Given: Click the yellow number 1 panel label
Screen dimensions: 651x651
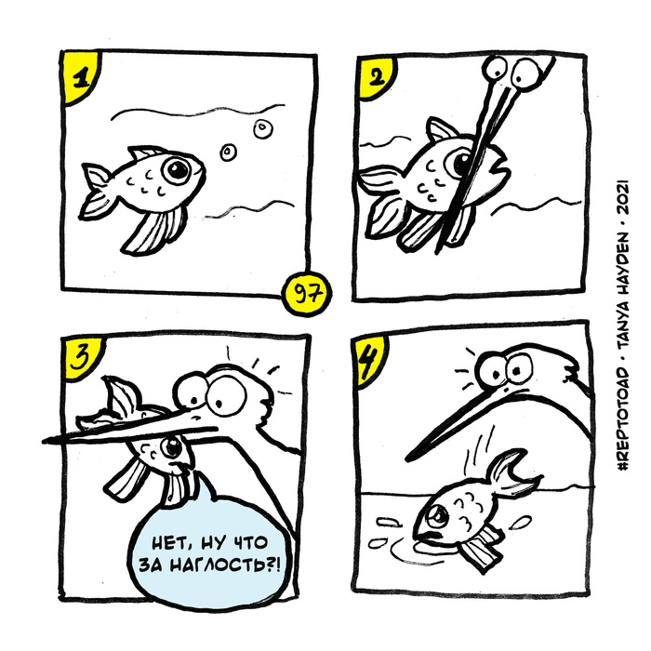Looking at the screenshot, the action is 79,77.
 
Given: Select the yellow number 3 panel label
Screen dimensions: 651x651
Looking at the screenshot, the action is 81,358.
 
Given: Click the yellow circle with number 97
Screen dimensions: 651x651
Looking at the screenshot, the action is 306,294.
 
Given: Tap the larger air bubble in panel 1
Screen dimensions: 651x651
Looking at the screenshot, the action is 263,128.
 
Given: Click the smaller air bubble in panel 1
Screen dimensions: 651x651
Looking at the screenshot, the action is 228,153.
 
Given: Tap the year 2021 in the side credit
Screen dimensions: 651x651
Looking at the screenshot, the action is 624,197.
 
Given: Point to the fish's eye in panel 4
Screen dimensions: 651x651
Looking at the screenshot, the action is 438,516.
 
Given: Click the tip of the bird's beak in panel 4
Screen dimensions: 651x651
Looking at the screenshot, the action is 407,458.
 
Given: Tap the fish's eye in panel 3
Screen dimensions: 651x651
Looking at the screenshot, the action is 171,447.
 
